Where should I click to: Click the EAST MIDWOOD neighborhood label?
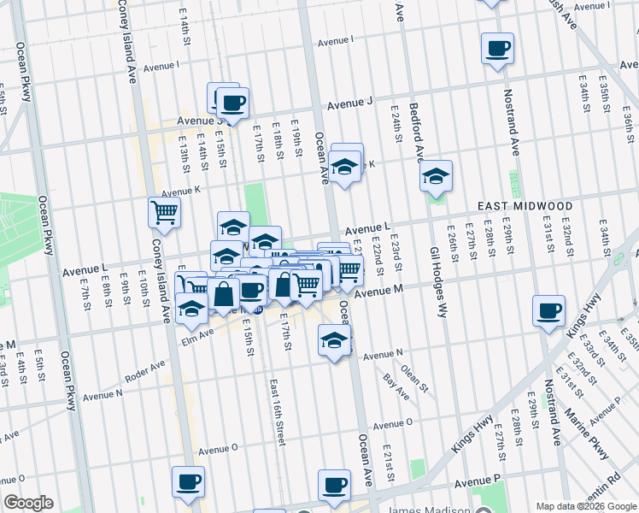525,206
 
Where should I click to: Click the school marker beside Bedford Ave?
436,176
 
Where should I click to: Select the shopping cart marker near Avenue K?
164,212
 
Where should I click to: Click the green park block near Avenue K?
255,201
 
